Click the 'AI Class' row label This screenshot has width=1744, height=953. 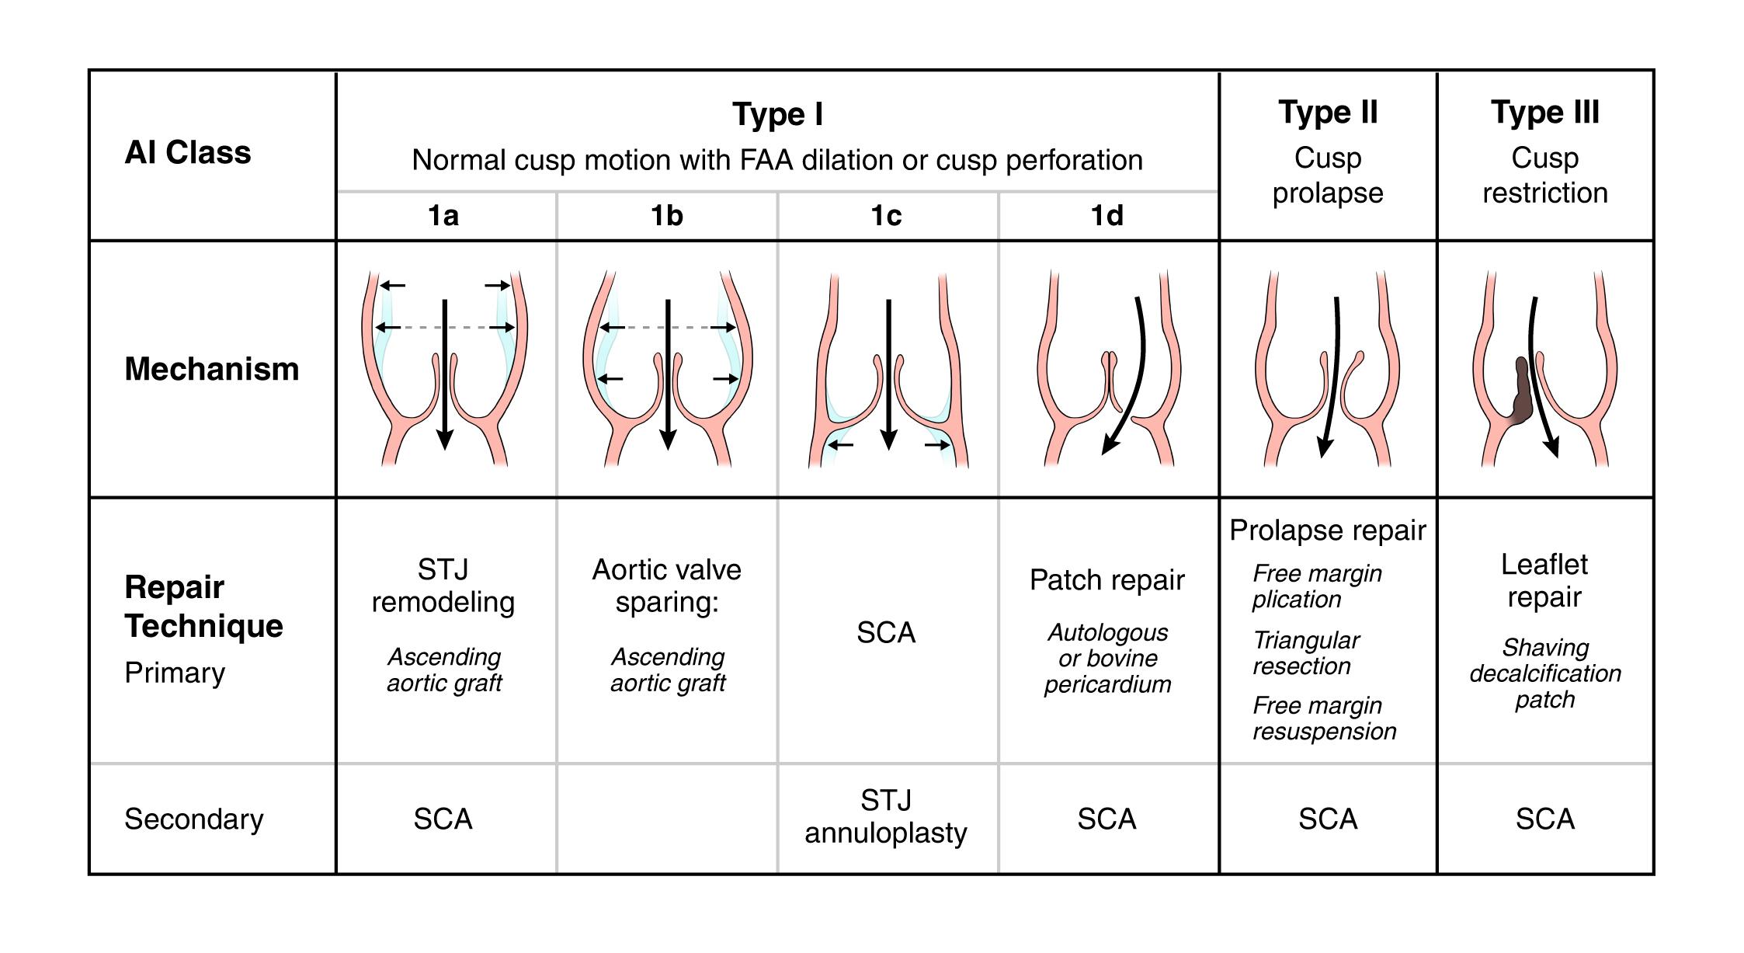coord(188,153)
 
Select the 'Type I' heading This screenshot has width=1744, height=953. coord(777,115)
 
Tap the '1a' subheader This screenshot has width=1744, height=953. coord(443,216)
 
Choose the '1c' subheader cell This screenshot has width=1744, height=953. coord(886,216)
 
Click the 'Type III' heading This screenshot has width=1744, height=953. coord(1544,113)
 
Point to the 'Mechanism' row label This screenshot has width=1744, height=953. coord(211,369)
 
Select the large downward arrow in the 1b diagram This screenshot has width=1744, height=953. coord(667,373)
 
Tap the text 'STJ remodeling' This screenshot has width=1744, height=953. coord(443,586)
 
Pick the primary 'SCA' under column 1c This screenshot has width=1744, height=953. coord(886,633)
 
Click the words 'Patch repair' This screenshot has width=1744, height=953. coord(1107,580)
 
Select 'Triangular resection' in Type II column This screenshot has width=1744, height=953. coord(1306,653)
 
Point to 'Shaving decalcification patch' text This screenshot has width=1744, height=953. coord(1544,673)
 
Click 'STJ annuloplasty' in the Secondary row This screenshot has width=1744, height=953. coord(886,817)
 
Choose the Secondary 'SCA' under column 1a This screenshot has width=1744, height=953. coord(443,819)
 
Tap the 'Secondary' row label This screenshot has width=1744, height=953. coord(194,819)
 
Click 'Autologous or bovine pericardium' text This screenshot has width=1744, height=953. coord(1107,659)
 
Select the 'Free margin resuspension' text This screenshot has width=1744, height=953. coord(1324,718)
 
